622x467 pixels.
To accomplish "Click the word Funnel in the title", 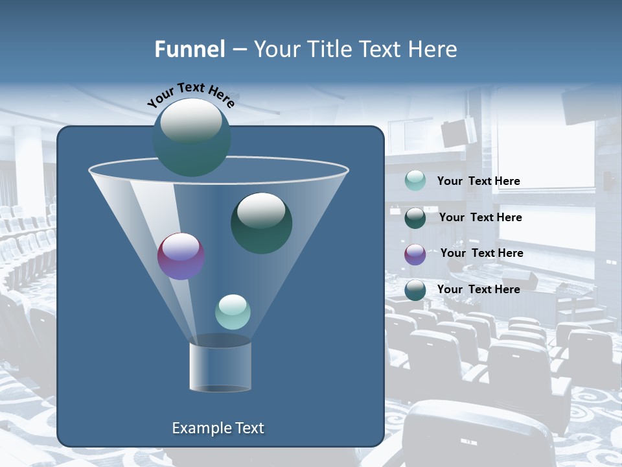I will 189,49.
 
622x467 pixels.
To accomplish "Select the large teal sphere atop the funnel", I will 192,138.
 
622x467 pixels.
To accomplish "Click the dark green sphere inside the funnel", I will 261,223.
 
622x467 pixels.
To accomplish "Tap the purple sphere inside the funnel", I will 181,256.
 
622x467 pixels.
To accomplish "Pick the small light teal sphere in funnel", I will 233,312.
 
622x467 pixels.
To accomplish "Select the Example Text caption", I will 218,428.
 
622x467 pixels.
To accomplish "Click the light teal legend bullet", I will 415,181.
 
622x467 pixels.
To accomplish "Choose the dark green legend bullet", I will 415,218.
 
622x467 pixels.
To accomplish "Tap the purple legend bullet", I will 415,254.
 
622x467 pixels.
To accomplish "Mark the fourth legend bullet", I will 415,290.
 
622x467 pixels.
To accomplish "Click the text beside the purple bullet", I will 481,253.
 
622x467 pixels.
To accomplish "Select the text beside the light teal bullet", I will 478,181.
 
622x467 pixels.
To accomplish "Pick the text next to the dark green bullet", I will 480,217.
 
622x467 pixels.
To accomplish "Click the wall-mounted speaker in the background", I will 459,131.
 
